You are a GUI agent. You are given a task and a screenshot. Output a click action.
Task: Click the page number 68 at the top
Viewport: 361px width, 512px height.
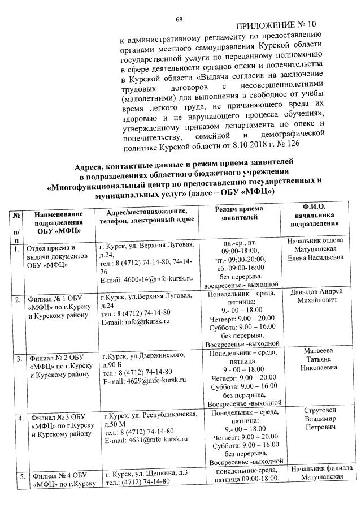(179, 19)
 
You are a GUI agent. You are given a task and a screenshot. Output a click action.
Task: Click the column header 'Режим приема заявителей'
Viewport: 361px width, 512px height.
(238, 213)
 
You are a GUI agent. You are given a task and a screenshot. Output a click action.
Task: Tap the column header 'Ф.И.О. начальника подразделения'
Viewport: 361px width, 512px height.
(315, 216)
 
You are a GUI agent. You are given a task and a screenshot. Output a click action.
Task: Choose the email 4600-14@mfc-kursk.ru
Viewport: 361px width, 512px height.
(146, 279)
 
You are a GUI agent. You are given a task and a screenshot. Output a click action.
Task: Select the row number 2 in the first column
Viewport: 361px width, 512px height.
(18, 299)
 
